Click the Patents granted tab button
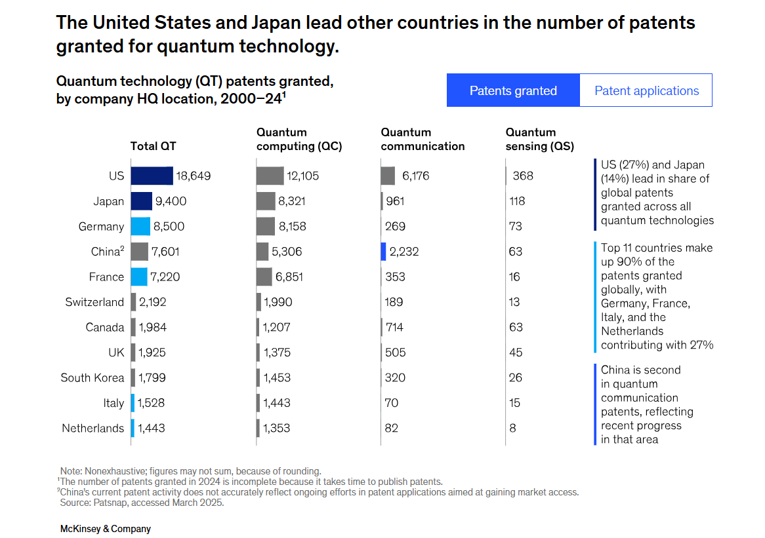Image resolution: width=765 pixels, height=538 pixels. pyautogui.click(x=513, y=90)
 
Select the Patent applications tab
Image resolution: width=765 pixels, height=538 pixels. pyautogui.click(x=646, y=90)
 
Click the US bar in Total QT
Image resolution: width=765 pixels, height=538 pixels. pyautogui.click(x=152, y=176)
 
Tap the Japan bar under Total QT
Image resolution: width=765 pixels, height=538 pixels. pyautogui.click(x=141, y=201)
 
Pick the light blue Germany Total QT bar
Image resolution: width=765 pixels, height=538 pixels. pyautogui.click(x=140, y=226)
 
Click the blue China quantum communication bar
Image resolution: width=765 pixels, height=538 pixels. pyautogui.click(x=384, y=252)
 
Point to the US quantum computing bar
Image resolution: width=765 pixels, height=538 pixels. pyautogui.click(x=270, y=176)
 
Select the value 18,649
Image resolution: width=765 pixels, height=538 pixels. pyautogui.click(x=194, y=176)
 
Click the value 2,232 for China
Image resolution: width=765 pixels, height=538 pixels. pyautogui.click(x=403, y=252)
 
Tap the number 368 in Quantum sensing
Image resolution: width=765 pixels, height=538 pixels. pyautogui.click(x=523, y=176)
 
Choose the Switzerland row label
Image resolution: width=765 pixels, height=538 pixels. pyautogui.click(x=94, y=302)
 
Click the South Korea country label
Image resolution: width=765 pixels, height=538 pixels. pyautogui.click(x=92, y=377)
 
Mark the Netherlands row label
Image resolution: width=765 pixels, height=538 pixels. pyautogui.click(x=93, y=428)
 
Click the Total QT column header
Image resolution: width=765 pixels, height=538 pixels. pyautogui.click(x=153, y=146)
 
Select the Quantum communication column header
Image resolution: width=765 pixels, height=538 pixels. pyautogui.click(x=423, y=140)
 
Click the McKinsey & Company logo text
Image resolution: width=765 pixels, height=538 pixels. pyautogui.click(x=106, y=528)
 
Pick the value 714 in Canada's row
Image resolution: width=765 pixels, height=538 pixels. pyautogui.click(x=394, y=327)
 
